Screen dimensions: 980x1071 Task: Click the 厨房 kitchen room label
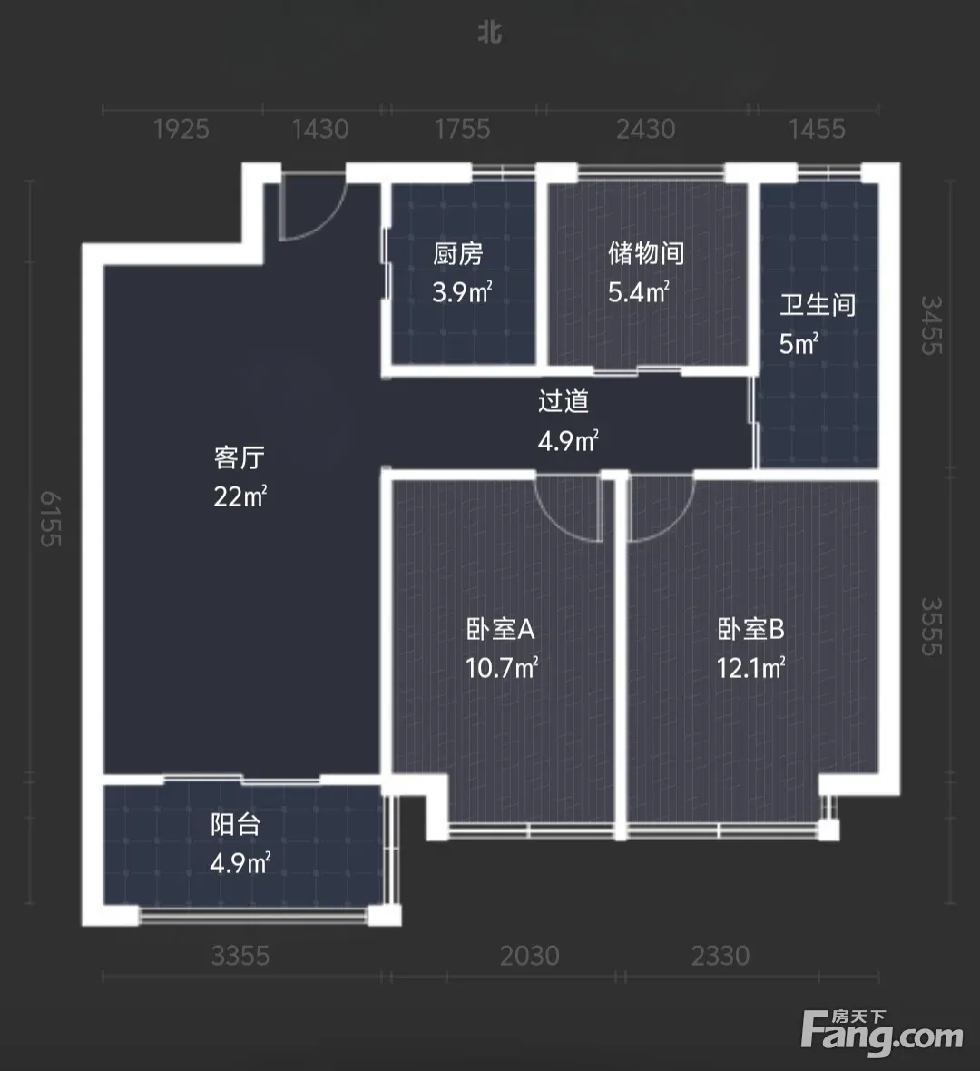click(x=457, y=254)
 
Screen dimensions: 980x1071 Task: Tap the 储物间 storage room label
click(x=646, y=253)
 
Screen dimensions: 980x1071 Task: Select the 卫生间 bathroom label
click(x=818, y=305)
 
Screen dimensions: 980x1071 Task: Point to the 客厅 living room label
click(x=239, y=457)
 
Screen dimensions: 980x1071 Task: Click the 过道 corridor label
click(x=563, y=401)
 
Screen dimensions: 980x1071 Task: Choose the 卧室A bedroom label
click(x=501, y=629)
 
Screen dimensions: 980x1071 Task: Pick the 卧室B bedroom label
click(x=750, y=629)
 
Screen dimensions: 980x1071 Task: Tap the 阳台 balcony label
click(x=236, y=824)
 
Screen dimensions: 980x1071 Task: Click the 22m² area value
click(x=240, y=496)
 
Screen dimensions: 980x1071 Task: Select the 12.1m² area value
click(x=750, y=667)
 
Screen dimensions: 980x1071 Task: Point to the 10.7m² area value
click(x=502, y=667)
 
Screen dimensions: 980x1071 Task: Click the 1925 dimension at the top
click(x=181, y=129)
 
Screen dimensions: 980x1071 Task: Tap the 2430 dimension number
click(x=646, y=129)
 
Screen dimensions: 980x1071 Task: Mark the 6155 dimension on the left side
click(x=51, y=518)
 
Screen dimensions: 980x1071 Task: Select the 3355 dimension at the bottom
click(x=240, y=956)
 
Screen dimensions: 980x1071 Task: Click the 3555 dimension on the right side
click(x=932, y=626)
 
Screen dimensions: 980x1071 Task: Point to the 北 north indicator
click(x=490, y=33)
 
